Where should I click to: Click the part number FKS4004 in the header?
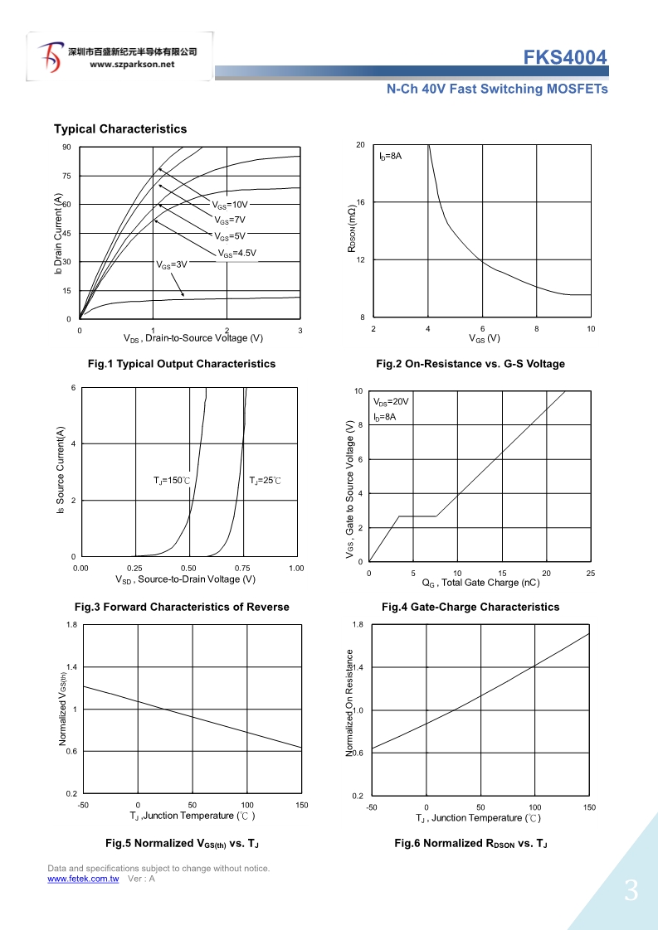(x=565, y=57)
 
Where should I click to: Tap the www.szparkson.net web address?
(x=132, y=64)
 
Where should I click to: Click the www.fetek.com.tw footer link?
(x=83, y=879)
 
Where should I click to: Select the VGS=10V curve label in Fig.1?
(x=230, y=204)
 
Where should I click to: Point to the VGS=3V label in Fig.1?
(x=173, y=265)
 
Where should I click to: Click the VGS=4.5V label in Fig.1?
(x=237, y=253)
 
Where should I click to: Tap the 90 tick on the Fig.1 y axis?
(x=66, y=148)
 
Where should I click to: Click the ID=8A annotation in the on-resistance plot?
(x=391, y=157)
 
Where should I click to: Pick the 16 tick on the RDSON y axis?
(x=361, y=202)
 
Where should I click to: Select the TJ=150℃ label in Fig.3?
(x=172, y=481)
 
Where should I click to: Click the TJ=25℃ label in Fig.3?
(x=266, y=481)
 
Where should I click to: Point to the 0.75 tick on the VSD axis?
(x=243, y=569)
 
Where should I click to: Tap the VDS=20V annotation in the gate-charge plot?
(x=391, y=402)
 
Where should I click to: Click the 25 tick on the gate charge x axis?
(x=590, y=574)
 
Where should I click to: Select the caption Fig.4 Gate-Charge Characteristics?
(x=470, y=607)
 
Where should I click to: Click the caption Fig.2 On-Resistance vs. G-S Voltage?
(x=470, y=364)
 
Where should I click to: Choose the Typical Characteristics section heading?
(x=120, y=128)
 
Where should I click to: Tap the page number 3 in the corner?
(x=631, y=892)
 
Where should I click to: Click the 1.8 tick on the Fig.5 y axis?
(x=72, y=625)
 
